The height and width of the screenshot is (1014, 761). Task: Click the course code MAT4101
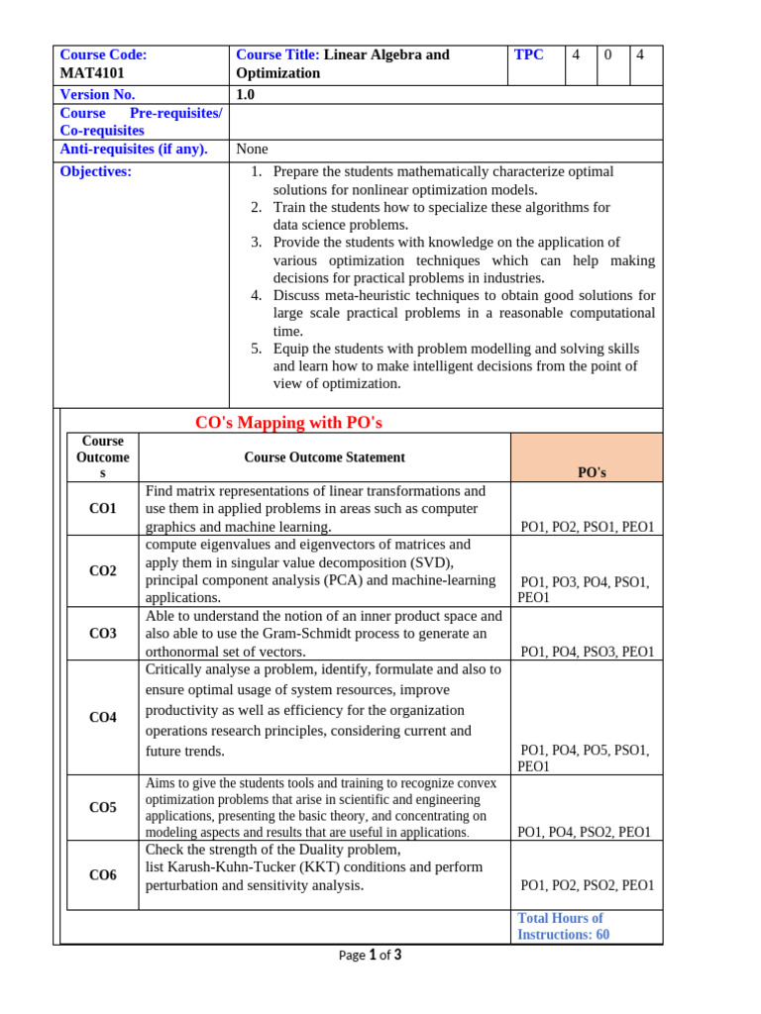(x=93, y=73)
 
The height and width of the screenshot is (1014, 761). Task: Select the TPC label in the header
(x=529, y=55)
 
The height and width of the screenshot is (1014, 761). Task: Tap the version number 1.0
(x=246, y=95)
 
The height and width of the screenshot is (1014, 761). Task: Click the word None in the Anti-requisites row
(x=253, y=150)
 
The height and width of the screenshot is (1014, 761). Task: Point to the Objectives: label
(x=96, y=171)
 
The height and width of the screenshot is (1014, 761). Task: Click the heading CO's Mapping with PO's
(x=288, y=423)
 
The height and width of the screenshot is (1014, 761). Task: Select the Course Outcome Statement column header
(x=324, y=457)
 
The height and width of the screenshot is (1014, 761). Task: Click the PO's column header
(x=592, y=472)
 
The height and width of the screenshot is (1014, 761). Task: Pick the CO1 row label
(x=103, y=509)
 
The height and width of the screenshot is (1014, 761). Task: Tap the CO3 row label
(x=103, y=634)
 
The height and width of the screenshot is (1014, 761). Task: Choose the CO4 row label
(x=103, y=717)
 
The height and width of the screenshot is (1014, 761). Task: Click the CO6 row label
(x=103, y=875)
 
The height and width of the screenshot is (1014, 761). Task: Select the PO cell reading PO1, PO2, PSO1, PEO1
(x=588, y=527)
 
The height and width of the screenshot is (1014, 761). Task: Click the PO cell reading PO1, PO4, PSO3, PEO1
(x=588, y=652)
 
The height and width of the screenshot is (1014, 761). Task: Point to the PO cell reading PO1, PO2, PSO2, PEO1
(x=588, y=885)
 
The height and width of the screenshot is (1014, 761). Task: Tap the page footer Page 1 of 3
(x=370, y=956)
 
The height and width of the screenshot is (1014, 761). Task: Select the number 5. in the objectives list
(x=256, y=349)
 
